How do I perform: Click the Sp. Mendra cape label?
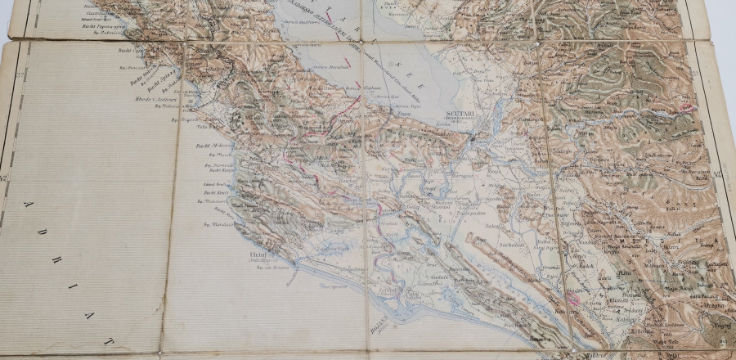pyautogui.click(x=216, y=223)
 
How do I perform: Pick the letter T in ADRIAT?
pyautogui.click(x=109, y=338)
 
